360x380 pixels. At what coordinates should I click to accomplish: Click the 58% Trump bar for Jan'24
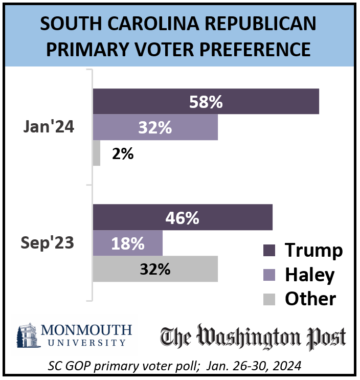click(206, 102)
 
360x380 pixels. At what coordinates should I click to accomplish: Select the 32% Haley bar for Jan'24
click(155, 127)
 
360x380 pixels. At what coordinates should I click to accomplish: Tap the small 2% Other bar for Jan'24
click(96, 153)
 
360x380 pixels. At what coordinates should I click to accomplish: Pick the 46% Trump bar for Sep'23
click(182, 218)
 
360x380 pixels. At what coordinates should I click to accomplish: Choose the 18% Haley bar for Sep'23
click(127, 243)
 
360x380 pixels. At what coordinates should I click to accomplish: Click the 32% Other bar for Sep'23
click(155, 269)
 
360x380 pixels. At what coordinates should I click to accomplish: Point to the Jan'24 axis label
click(49, 127)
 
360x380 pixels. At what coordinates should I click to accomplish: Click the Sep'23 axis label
click(48, 243)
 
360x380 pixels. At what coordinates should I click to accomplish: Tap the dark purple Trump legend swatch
click(269, 251)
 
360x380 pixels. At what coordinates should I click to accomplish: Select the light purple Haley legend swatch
click(269, 275)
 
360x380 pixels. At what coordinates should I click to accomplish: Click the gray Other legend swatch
click(269, 299)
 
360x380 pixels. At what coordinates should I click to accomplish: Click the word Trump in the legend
click(313, 251)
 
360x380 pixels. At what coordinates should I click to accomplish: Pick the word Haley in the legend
click(309, 275)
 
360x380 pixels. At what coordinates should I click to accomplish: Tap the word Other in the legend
click(310, 299)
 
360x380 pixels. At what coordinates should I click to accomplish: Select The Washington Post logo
click(253, 337)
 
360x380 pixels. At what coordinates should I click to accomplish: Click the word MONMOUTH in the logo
click(87, 329)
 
